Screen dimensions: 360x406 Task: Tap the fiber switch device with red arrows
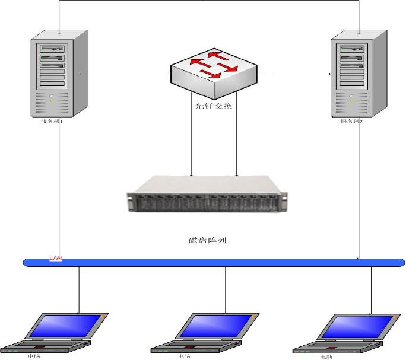tap(214, 74)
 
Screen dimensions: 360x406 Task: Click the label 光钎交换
tap(214, 107)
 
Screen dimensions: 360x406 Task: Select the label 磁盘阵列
tap(207, 241)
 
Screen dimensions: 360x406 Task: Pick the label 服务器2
tap(351, 122)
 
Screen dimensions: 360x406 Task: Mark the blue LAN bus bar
tap(214, 262)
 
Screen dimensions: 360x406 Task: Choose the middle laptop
tap(205, 333)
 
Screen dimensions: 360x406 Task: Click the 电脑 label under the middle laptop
tap(185, 356)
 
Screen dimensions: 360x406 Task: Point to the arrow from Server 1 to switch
tap(125, 74)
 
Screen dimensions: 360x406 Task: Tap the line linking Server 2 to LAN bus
tap(359, 190)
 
